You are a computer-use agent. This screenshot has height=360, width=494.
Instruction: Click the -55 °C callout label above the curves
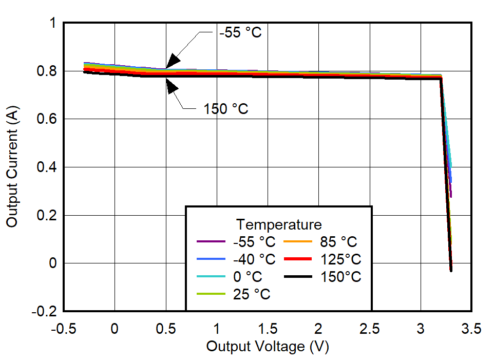(240, 32)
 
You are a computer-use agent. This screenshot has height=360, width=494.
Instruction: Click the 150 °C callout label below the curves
(226, 109)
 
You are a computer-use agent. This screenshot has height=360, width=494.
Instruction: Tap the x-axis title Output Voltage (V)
(267, 347)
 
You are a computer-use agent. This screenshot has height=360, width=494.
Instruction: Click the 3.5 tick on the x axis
(471, 329)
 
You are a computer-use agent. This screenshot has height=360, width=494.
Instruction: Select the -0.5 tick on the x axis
(64, 329)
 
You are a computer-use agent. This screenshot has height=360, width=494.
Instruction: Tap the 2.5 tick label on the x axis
(369, 329)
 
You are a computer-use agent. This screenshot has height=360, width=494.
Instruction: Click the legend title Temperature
(279, 224)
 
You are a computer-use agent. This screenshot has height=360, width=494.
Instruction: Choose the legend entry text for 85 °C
(338, 241)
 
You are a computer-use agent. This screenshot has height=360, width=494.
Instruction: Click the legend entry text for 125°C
(341, 259)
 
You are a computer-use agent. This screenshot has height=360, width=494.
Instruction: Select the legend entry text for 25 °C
(251, 294)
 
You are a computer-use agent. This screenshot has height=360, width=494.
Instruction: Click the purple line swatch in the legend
(211, 241)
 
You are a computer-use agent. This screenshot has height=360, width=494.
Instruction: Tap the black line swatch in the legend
(298, 276)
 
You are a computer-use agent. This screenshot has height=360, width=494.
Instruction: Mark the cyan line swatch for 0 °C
(211, 276)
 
